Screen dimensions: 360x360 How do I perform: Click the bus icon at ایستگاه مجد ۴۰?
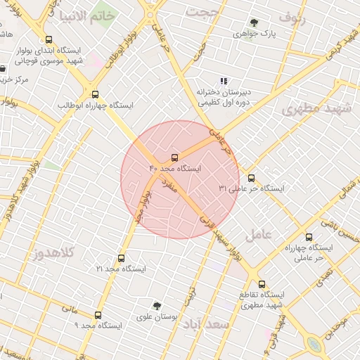coord(175,157)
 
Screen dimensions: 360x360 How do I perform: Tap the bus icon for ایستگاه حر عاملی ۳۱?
coord(252,178)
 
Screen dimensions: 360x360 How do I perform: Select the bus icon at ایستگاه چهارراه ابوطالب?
coord(95,94)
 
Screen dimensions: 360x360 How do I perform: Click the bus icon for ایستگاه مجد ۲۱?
coord(121,258)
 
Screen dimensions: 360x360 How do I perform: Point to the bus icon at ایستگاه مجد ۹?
coord(98,315)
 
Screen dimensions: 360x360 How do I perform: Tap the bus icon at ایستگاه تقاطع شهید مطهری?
coord(262,285)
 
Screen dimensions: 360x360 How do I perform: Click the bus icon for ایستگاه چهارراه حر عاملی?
coord(309,237)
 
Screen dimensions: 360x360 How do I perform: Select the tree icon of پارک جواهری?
coord(254,22)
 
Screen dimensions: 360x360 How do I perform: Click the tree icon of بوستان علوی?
coord(157,306)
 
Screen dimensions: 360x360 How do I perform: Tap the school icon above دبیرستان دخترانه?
coord(224,81)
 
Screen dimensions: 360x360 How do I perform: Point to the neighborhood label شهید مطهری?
coord(310,108)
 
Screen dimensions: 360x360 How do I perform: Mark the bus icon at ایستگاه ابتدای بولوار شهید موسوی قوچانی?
coord(49,40)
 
